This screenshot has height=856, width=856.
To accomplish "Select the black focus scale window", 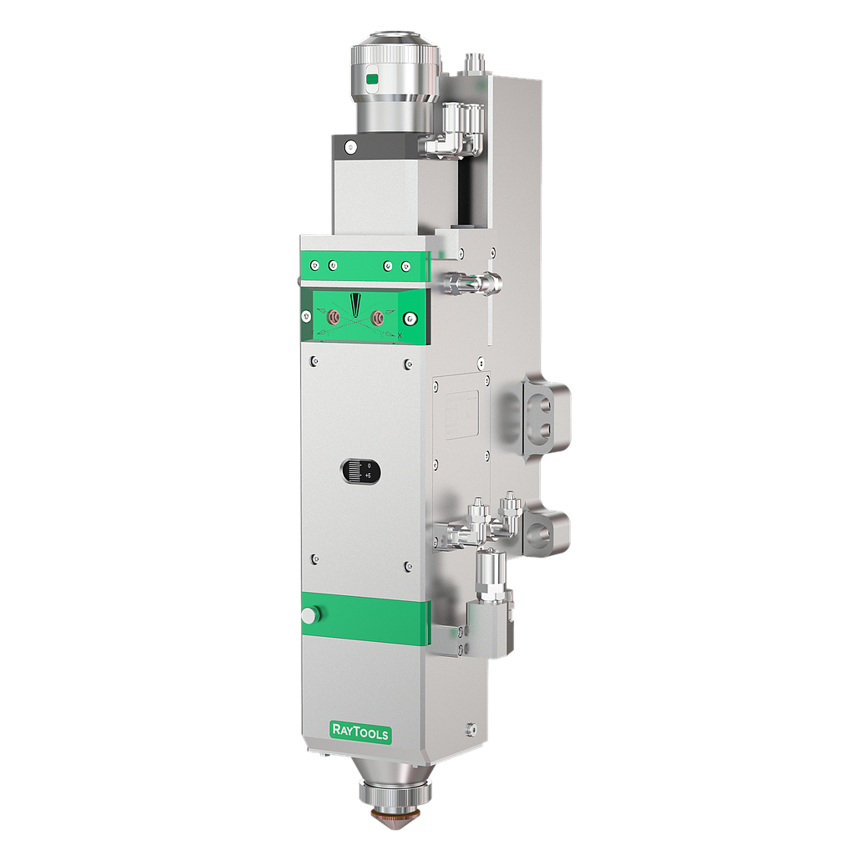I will click(x=360, y=471).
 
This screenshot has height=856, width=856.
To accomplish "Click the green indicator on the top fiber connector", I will click(x=373, y=80).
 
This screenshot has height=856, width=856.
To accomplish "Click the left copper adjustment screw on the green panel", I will click(x=332, y=317).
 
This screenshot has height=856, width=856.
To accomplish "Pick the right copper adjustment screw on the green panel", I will click(x=379, y=317).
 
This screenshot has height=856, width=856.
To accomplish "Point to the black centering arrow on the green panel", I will click(x=355, y=304).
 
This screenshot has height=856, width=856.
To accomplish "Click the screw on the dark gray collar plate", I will click(x=351, y=146).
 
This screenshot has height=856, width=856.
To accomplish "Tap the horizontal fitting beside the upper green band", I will click(x=472, y=283).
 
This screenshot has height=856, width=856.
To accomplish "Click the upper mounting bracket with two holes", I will click(x=543, y=417).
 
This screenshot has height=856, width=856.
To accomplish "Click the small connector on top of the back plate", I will click(x=474, y=64).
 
